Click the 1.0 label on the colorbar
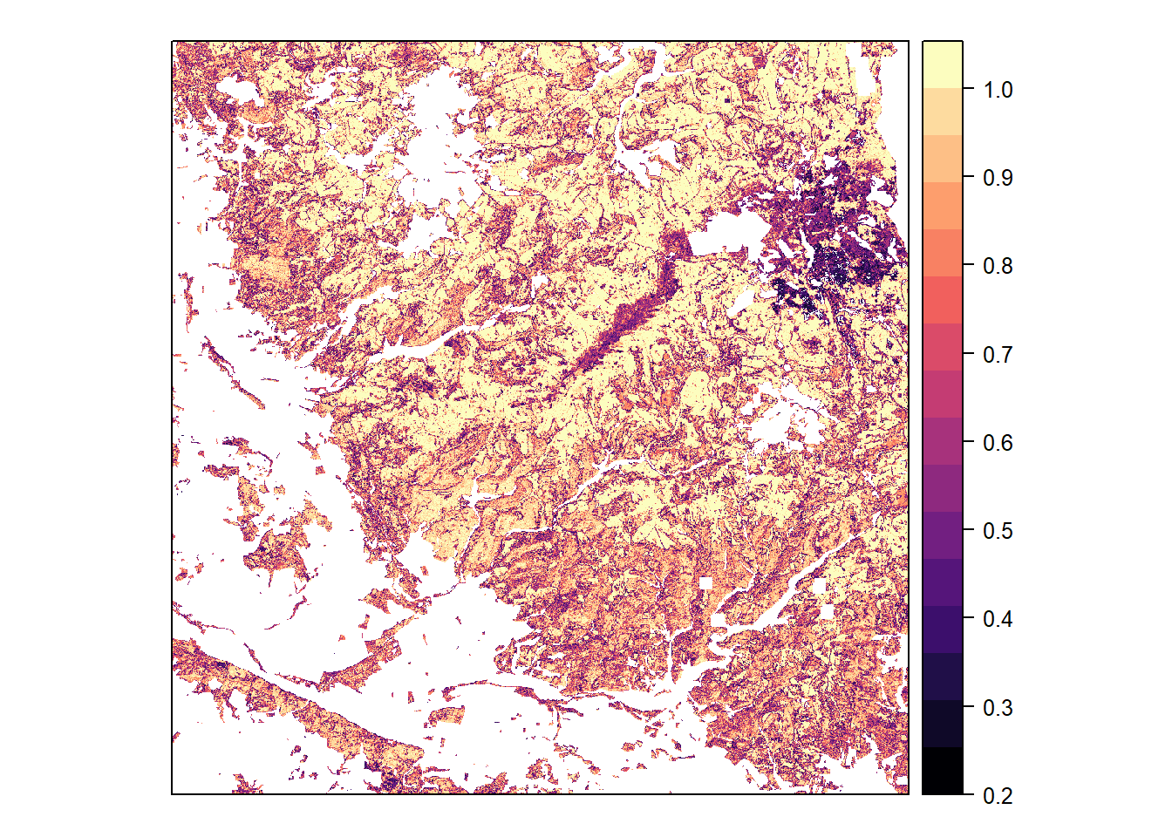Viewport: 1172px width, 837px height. click(998, 90)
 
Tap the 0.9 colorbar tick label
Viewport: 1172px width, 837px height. click(998, 178)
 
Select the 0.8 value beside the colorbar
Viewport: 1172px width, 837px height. click(998, 266)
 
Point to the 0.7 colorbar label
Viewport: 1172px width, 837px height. click(998, 355)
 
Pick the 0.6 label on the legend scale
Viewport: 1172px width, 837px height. click(998, 443)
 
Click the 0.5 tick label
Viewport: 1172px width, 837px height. click(998, 531)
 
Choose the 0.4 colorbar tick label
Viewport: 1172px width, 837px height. click(998, 619)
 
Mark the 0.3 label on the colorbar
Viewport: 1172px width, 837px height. click(998, 708)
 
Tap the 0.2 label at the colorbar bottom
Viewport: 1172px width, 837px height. click(998, 796)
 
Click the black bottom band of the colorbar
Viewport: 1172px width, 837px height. click(943, 771)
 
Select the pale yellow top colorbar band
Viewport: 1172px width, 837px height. click(943, 65)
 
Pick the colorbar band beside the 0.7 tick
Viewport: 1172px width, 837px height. click(943, 347)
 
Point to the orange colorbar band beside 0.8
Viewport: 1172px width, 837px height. click(943, 253)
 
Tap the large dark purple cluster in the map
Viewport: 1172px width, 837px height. click(837, 235)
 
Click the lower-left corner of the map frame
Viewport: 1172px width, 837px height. click(172, 794)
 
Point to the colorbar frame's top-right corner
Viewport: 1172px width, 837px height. click(963, 41)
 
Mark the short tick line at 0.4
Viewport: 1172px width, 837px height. click(967, 618)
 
